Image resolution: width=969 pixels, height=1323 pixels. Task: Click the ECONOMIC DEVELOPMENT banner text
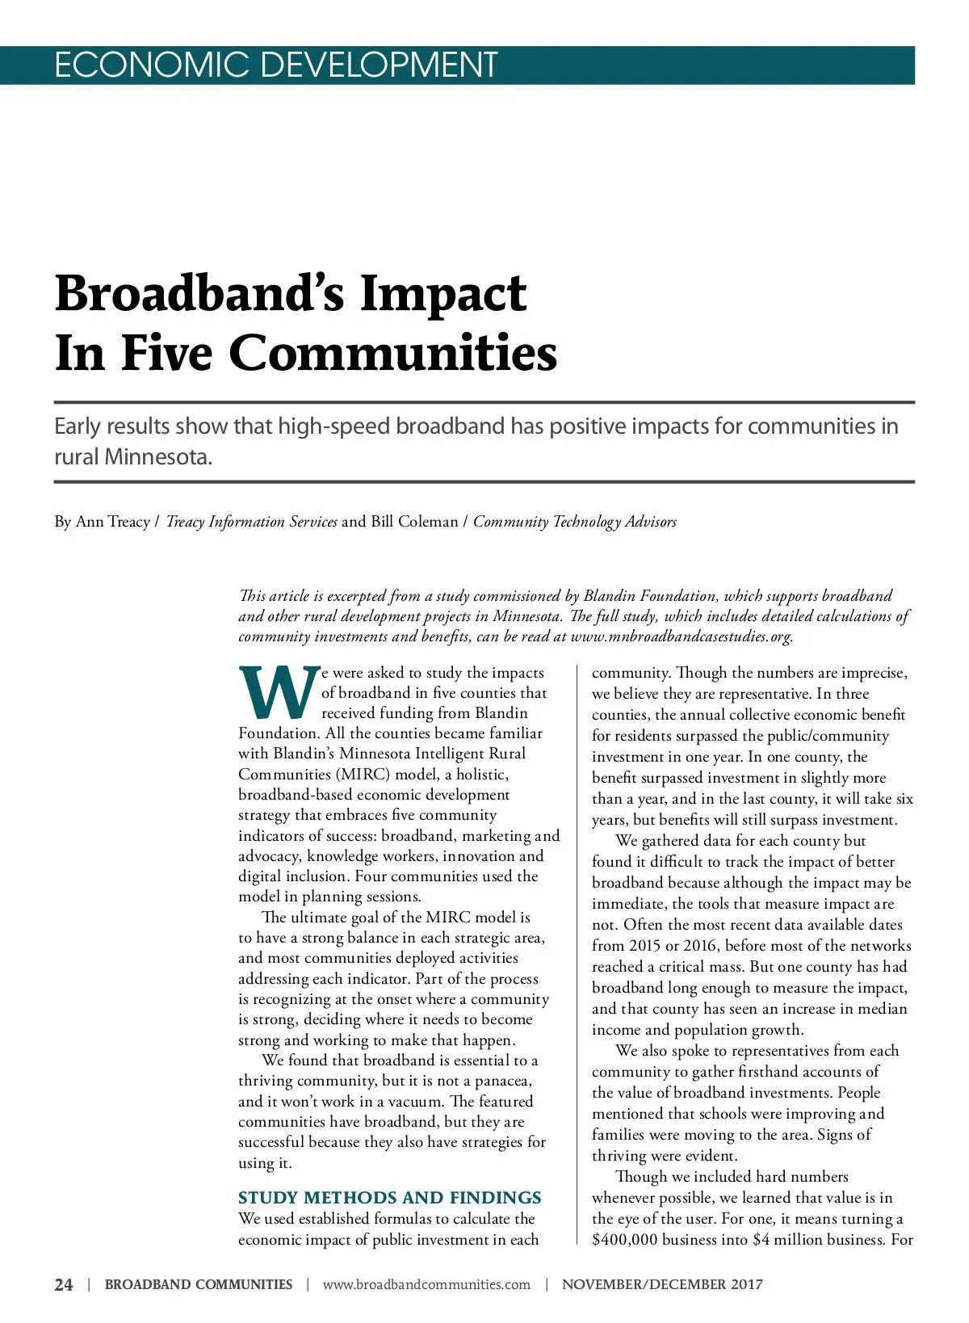coord(275,65)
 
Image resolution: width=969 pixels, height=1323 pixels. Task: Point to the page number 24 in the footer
coord(64,1284)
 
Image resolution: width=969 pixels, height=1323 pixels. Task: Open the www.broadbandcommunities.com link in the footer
coord(426,1284)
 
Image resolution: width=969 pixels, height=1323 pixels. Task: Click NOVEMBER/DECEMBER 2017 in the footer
coord(662,1284)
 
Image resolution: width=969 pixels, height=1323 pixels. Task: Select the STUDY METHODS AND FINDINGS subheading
coord(390,1197)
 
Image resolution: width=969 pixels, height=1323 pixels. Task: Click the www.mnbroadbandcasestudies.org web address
coord(681,636)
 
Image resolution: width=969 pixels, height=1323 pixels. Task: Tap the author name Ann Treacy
coord(113,522)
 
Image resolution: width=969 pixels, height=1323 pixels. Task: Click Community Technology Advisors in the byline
coord(575,522)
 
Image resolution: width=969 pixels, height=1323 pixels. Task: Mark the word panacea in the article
coord(503,1081)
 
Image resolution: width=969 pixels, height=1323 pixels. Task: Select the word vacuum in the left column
coord(418,1101)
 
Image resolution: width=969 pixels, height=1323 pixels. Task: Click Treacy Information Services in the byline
coord(251,522)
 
